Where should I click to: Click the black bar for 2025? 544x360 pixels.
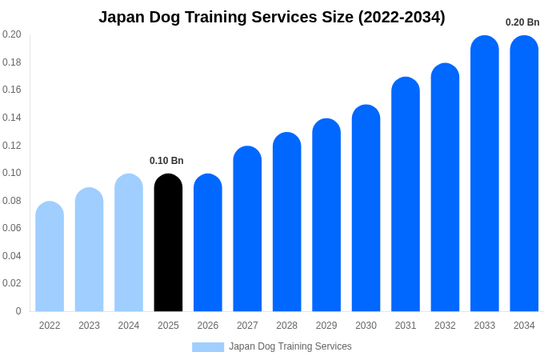pyautogui.click(x=168, y=243)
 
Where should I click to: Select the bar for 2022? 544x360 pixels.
pyautogui.click(x=50, y=257)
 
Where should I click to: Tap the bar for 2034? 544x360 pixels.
pyautogui.click(x=524, y=174)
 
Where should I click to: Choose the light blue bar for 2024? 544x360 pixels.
pyautogui.click(x=129, y=243)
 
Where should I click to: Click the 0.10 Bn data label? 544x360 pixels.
pyautogui.click(x=166, y=161)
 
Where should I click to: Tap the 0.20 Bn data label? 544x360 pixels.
pyautogui.click(x=522, y=22)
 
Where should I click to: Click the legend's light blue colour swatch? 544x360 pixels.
pyautogui.click(x=208, y=347)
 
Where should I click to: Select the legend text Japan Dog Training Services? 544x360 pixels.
pyautogui.click(x=290, y=346)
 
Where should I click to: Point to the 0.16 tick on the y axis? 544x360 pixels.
pyautogui.click(x=12, y=90)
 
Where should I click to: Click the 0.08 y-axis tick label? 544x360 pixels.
pyautogui.click(x=12, y=201)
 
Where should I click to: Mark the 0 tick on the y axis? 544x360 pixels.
pyautogui.click(x=18, y=311)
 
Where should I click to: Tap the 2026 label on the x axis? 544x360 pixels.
pyautogui.click(x=208, y=326)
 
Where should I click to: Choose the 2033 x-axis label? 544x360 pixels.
pyautogui.click(x=485, y=326)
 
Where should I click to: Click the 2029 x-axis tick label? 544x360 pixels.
pyautogui.click(x=326, y=326)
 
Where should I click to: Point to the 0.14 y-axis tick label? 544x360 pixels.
pyautogui.click(x=12, y=118)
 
